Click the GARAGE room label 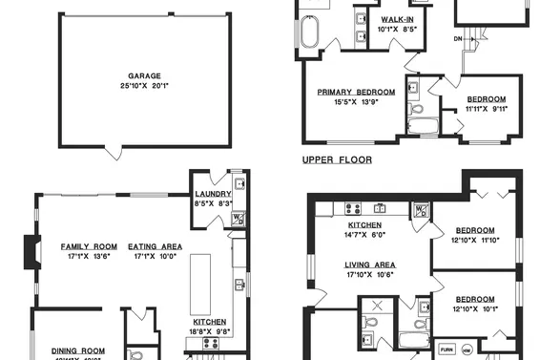[x=145, y=75]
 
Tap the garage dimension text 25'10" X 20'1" [x=145, y=86]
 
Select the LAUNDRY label [x=207, y=194]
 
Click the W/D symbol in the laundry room [x=239, y=219]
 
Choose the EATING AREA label [x=156, y=245]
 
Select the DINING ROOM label [x=78, y=350]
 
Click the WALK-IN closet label [x=397, y=19]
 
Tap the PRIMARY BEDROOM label [x=357, y=93]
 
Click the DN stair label [x=457, y=37]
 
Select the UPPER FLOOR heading [x=337, y=159]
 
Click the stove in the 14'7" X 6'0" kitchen [x=352, y=207]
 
